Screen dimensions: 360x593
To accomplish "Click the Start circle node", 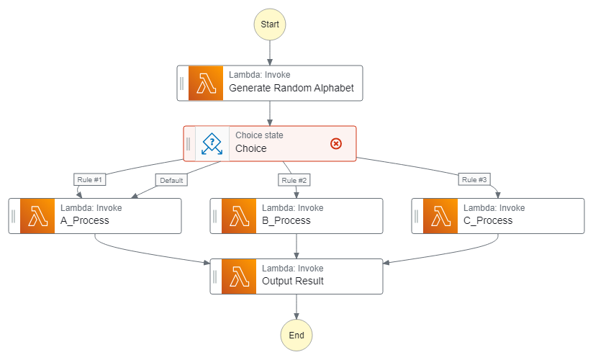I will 270,24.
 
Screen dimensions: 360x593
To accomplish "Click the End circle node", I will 296,336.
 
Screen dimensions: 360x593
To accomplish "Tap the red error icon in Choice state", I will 335,143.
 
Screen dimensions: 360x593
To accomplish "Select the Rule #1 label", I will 90,179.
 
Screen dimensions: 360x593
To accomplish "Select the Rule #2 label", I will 294,179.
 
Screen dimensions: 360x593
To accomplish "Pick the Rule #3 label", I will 474,179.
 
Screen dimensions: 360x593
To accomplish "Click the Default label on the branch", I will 171,180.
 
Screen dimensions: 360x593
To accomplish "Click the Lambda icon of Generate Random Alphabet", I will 206,84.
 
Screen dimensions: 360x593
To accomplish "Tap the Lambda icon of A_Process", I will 37,215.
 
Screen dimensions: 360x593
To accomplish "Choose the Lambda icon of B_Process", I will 239,215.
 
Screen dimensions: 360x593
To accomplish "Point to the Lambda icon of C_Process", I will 440,215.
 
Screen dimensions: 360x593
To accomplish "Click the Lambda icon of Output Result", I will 239,276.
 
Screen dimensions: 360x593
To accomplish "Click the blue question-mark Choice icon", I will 212,143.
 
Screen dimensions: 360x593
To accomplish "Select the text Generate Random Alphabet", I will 291,89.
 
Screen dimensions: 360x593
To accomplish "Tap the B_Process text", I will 286,220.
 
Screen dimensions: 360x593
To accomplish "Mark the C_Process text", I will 488,220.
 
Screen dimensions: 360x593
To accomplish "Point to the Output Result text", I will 292,281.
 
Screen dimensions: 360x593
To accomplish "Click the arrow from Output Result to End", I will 296,307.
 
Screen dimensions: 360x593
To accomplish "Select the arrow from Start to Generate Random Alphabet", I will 270,53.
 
